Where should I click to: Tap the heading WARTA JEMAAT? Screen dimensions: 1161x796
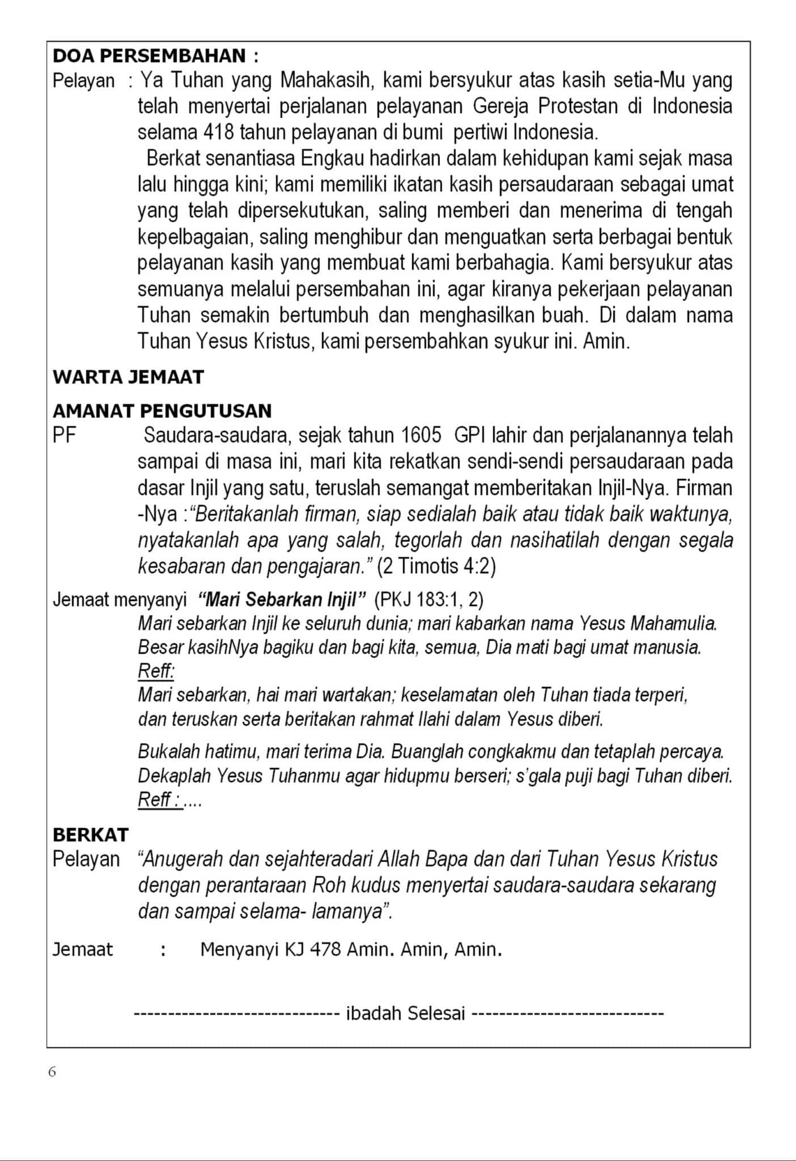(128, 377)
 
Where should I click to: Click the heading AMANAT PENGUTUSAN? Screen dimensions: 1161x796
(162, 410)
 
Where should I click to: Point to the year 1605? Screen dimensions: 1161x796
(421, 435)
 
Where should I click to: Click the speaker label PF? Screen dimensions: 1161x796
(64, 435)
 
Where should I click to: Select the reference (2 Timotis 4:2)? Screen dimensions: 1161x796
(436, 566)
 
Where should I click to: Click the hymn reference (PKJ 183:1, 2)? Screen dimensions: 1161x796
(429, 599)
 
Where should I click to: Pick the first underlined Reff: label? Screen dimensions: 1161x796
(156, 671)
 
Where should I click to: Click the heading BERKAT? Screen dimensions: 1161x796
(91, 834)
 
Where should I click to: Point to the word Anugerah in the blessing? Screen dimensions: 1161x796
(183, 859)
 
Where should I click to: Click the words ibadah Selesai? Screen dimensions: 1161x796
(405, 1012)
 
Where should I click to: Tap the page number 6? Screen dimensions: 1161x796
(52, 1071)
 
